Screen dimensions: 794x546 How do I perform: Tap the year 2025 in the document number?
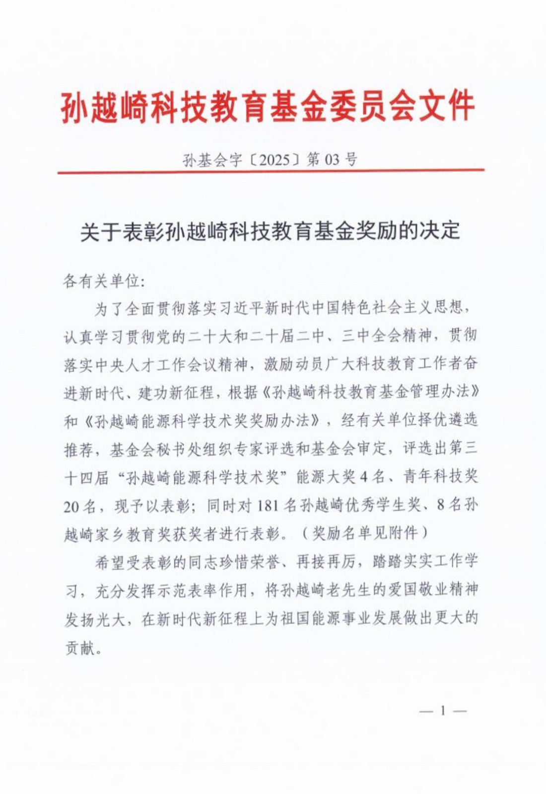[x=274, y=160]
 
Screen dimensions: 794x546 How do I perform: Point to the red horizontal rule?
[x=271, y=171]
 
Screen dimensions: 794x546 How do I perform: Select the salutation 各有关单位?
[x=102, y=281]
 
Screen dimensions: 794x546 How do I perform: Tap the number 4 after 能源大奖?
[x=363, y=477]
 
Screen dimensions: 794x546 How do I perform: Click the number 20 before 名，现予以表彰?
[x=72, y=506]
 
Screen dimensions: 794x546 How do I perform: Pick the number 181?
[x=270, y=506]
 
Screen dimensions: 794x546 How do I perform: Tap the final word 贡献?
[x=79, y=647]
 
